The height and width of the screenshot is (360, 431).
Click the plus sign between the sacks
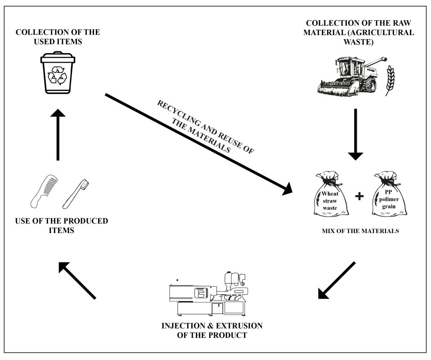tap(359, 197)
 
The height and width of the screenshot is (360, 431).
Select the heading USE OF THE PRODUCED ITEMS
tap(61, 225)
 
